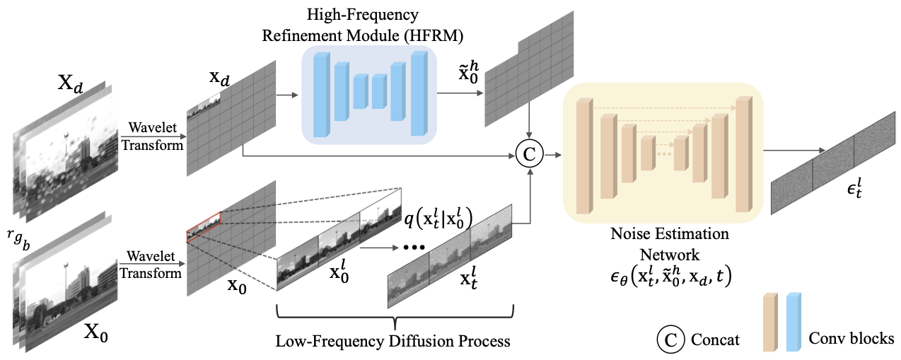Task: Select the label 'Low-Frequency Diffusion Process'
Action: pyautogui.click(x=393, y=341)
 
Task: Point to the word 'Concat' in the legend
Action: pyautogui.click(x=716, y=339)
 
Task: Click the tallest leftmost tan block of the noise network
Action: pyautogui.click(x=584, y=157)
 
